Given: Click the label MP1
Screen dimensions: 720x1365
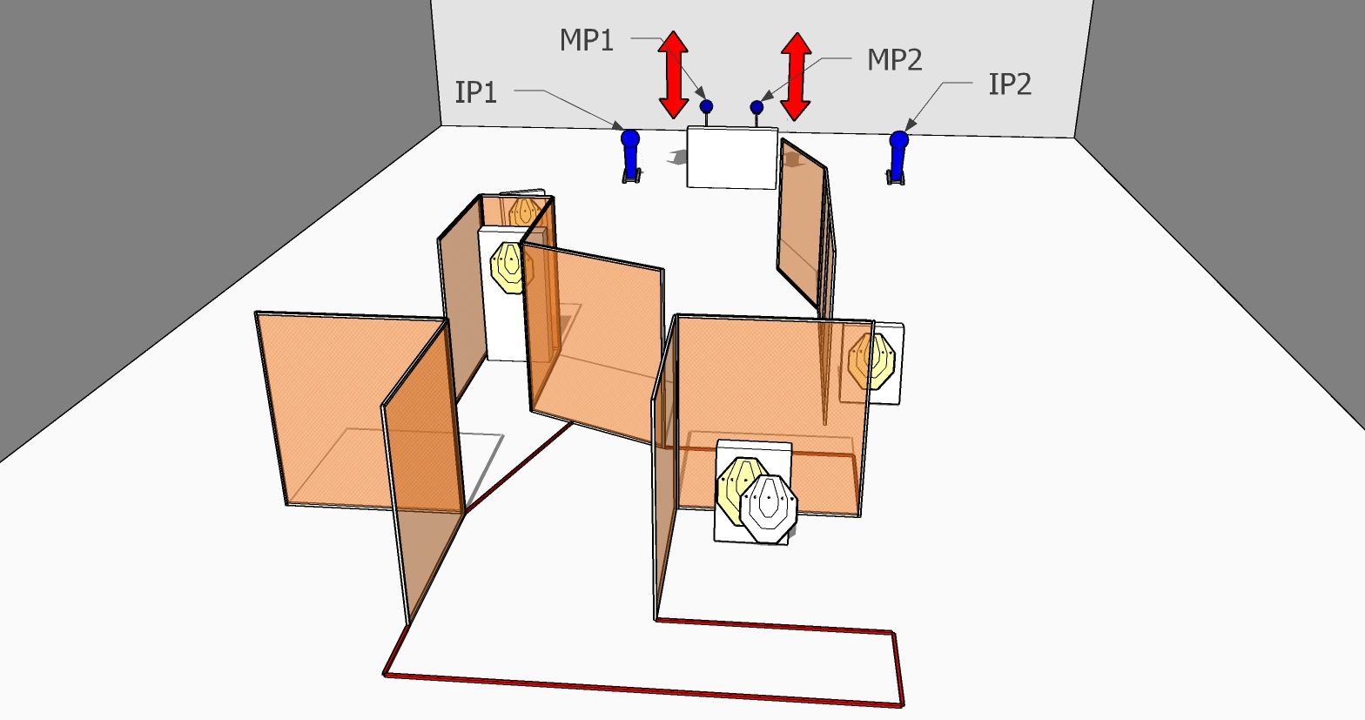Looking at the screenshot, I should point(587,40).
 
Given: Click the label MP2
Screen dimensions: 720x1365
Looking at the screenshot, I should point(894,60).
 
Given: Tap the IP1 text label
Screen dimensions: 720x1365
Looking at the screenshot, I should point(476,92).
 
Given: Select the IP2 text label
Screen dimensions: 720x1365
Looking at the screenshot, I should point(1010,84).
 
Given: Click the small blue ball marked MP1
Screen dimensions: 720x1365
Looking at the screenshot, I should point(706,107).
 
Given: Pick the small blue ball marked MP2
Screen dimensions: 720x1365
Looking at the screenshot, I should point(756,108).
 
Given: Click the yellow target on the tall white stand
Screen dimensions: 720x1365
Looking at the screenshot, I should point(511,266).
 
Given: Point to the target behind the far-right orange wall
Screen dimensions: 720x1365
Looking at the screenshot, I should point(871,360).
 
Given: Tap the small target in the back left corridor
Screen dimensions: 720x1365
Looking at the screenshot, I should point(522,212).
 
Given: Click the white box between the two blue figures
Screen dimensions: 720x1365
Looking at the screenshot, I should point(731,157).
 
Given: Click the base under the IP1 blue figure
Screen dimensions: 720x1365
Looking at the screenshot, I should point(632,177).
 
